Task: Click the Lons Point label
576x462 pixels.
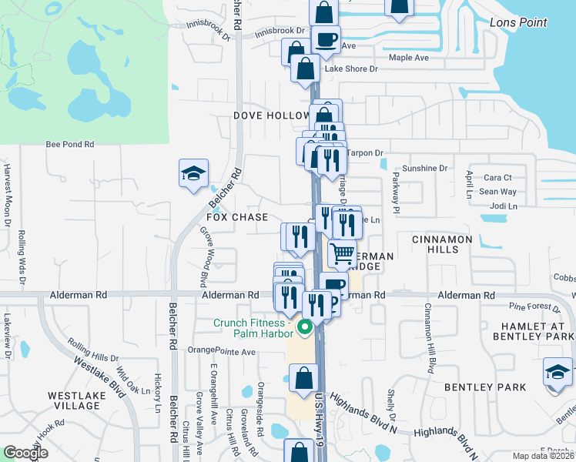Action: pos(518,22)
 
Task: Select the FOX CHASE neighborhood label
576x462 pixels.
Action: pos(238,217)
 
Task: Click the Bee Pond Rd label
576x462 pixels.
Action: pos(69,144)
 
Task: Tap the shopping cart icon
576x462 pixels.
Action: pos(342,253)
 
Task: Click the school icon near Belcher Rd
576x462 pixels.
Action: pos(193,173)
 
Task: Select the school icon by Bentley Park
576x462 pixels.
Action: pos(557,372)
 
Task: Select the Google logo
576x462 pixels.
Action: pos(25,453)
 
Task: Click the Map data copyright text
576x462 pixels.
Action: pos(544,456)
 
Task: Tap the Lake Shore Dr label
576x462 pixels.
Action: pos(351,69)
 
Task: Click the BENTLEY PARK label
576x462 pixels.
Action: pos(490,387)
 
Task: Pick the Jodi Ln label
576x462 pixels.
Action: pos(503,206)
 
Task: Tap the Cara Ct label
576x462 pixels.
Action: pos(497,178)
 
